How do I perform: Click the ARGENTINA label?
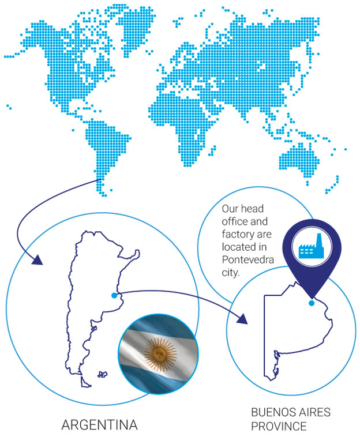[100, 425]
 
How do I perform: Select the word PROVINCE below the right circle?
[279, 426]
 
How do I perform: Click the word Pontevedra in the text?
[247, 260]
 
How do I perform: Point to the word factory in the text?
[238, 234]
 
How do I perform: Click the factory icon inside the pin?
[311, 247]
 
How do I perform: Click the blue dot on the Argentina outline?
[114, 296]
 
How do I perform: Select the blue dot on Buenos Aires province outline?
[312, 303]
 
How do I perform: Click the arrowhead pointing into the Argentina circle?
[36, 260]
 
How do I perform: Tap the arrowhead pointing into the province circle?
[242, 319]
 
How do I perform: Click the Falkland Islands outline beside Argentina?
[102, 375]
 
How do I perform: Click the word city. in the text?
[231, 273]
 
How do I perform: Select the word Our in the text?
[229, 209]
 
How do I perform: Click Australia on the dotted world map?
[299, 160]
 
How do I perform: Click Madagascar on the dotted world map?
[212, 150]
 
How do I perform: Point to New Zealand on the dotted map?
[332, 184]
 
